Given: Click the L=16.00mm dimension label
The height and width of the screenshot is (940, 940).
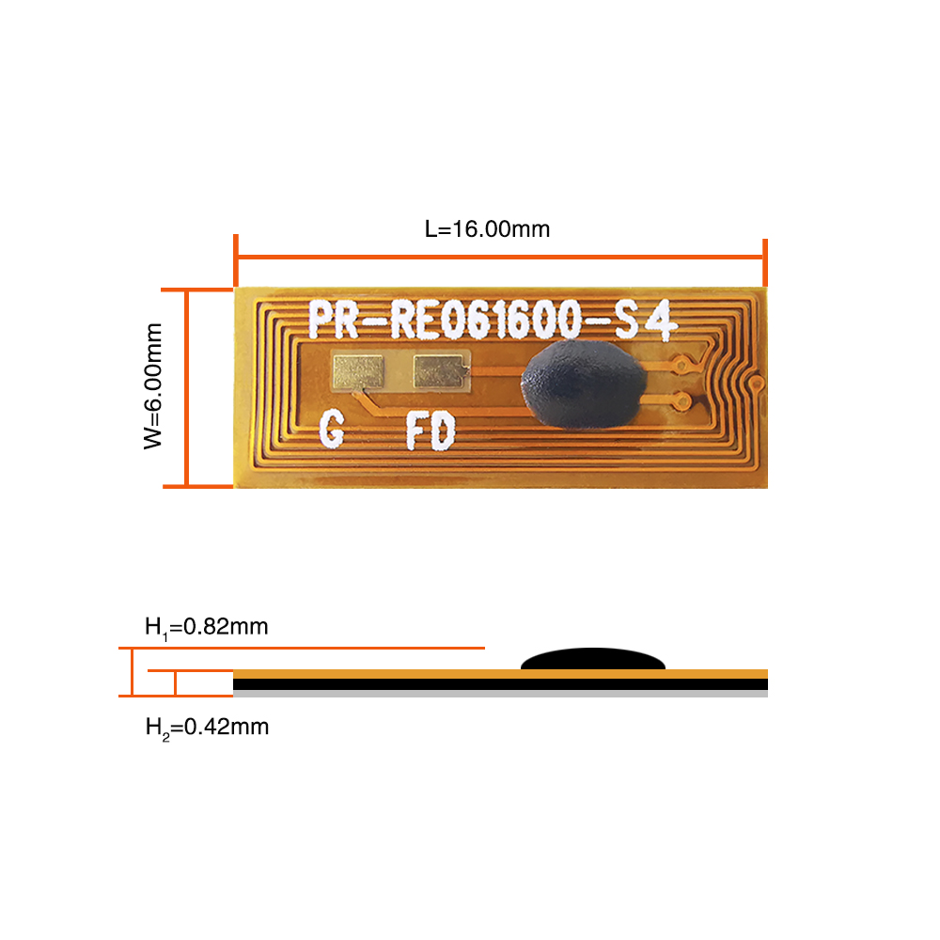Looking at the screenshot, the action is coord(487,229).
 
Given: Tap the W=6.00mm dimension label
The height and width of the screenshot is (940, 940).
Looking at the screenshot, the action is coord(153,386).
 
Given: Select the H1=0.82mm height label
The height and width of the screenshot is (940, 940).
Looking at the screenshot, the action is coord(206,628).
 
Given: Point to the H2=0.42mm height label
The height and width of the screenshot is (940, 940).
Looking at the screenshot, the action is coord(207,728).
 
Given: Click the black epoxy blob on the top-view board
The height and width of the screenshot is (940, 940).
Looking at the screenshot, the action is coord(584,384).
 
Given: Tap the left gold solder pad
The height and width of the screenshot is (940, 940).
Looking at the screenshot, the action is coord(358,371).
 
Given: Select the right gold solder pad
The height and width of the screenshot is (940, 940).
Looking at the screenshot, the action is coord(440,371).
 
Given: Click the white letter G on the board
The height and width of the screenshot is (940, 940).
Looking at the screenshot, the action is coord(332,429).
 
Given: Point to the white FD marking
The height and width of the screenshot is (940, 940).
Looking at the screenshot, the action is coord(431,431).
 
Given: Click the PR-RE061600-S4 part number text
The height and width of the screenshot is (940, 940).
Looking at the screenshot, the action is coord(493,320).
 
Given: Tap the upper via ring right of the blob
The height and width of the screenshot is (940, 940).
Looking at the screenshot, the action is coord(681,363).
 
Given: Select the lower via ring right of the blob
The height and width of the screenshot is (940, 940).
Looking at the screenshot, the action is coord(681,399).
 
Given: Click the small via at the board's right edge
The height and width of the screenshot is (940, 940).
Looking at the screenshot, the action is coord(758,383).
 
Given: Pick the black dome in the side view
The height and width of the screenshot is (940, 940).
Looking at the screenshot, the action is coord(593,659).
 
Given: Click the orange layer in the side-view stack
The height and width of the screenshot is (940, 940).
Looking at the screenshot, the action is coord(500,674).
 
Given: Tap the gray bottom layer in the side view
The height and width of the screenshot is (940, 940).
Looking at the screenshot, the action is coord(500,694).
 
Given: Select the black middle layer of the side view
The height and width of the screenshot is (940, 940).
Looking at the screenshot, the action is coord(500,684).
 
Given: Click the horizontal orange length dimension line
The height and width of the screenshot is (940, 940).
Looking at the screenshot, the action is coord(500,258).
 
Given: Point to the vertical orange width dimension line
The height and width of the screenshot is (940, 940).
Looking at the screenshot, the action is coord(187,388).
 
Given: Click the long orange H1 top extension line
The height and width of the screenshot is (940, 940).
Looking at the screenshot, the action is coord(302,648).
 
